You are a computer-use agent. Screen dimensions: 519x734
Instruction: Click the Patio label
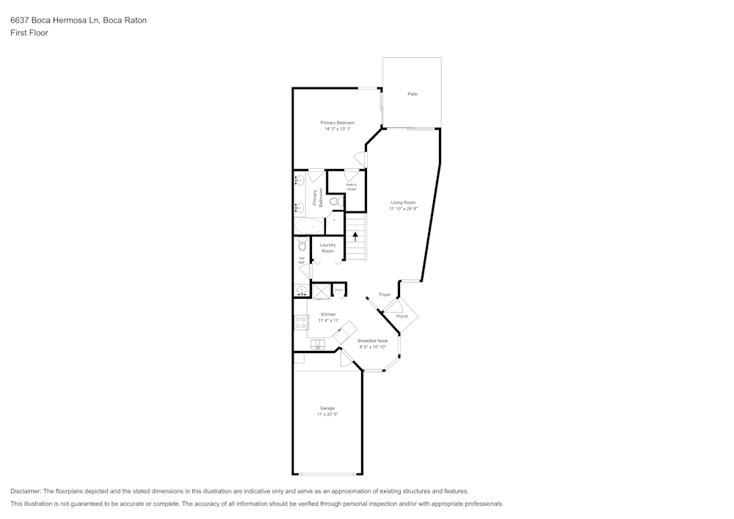(413, 94)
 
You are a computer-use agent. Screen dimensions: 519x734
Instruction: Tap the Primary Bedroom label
(337, 123)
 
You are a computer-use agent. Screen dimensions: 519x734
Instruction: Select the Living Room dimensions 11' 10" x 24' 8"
(403, 209)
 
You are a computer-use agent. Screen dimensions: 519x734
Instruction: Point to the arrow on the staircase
(356, 236)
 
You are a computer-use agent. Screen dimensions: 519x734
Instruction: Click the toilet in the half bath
(302, 245)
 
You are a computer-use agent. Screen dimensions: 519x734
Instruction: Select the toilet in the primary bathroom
(334, 202)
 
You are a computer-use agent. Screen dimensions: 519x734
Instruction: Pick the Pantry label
(338, 291)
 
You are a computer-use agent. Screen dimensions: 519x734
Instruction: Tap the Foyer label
(385, 295)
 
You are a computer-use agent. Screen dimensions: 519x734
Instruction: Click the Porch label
(401, 316)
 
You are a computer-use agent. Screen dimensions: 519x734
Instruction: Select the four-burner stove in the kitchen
(301, 322)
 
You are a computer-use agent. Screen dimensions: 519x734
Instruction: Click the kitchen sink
(319, 345)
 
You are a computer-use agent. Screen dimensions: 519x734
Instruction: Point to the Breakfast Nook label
(373, 341)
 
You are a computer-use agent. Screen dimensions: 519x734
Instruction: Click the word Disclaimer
(26, 491)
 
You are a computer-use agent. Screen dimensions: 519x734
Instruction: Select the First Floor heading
(29, 33)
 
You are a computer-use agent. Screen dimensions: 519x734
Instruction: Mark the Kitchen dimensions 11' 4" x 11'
(328, 321)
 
